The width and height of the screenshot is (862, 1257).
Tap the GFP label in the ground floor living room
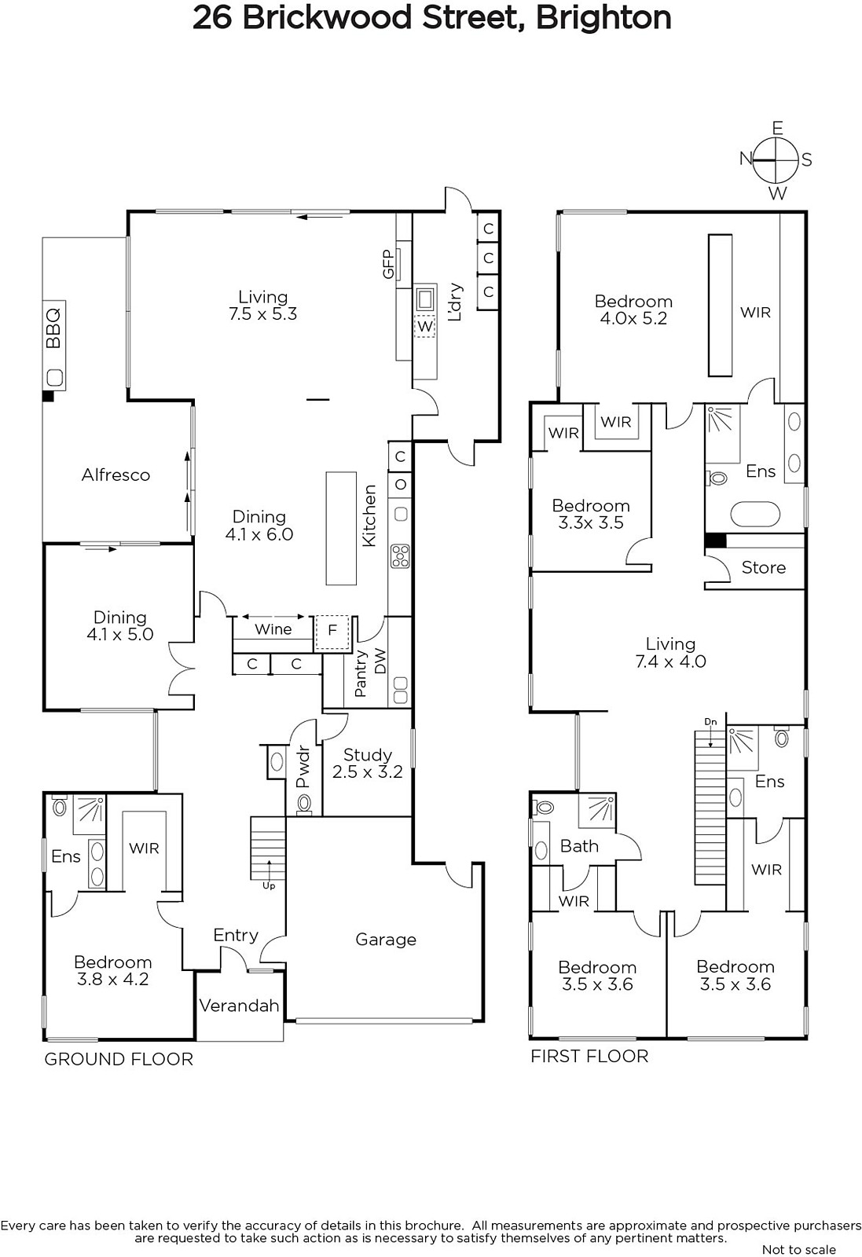pyautogui.click(x=388, y=264)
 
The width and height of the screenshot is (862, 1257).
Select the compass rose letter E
pyautogui.click(x=777, y=129)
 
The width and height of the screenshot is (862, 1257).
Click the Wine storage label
pyautogui.click(x=273, y=629)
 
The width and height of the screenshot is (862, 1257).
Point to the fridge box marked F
pyautogui.click(x=332, y=633)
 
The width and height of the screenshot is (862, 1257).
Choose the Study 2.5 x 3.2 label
pyautogui.click(x=368, y=763)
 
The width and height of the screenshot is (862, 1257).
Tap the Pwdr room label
pyautogui.click(x=303, y=767)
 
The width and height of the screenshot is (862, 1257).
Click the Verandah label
pyautogui.click(x=239, y=1005)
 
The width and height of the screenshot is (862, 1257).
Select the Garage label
pyautogui.click(x=386, y=940)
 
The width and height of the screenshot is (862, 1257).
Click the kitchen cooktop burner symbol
pyautogui.click(x=401, y=556)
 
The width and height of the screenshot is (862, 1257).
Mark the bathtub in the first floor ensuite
pyautogui.click(x=755, y=514)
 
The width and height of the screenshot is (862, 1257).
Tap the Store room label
pyautogui.click(x=763, y=567)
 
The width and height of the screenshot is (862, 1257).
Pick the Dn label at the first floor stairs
pyautogui.click(x=710, y=722)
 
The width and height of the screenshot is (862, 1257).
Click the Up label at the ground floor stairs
pyautogui.click(x=269, y=886)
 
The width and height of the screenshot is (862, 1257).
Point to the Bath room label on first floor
pyautogui.click(x=579, y=845)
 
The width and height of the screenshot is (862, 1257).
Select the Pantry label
pyautogui.click(x=361, y=673)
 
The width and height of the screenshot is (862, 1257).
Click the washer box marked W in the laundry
pyautogui.click(x=425, y=326)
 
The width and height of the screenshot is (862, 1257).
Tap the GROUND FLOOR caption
pyautogui.click(x=119, y=1059)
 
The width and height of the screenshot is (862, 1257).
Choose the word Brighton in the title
pyautogui.click(x=603, y=17)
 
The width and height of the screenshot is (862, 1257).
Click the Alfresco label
pyautogui.click(x=116, y=475)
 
